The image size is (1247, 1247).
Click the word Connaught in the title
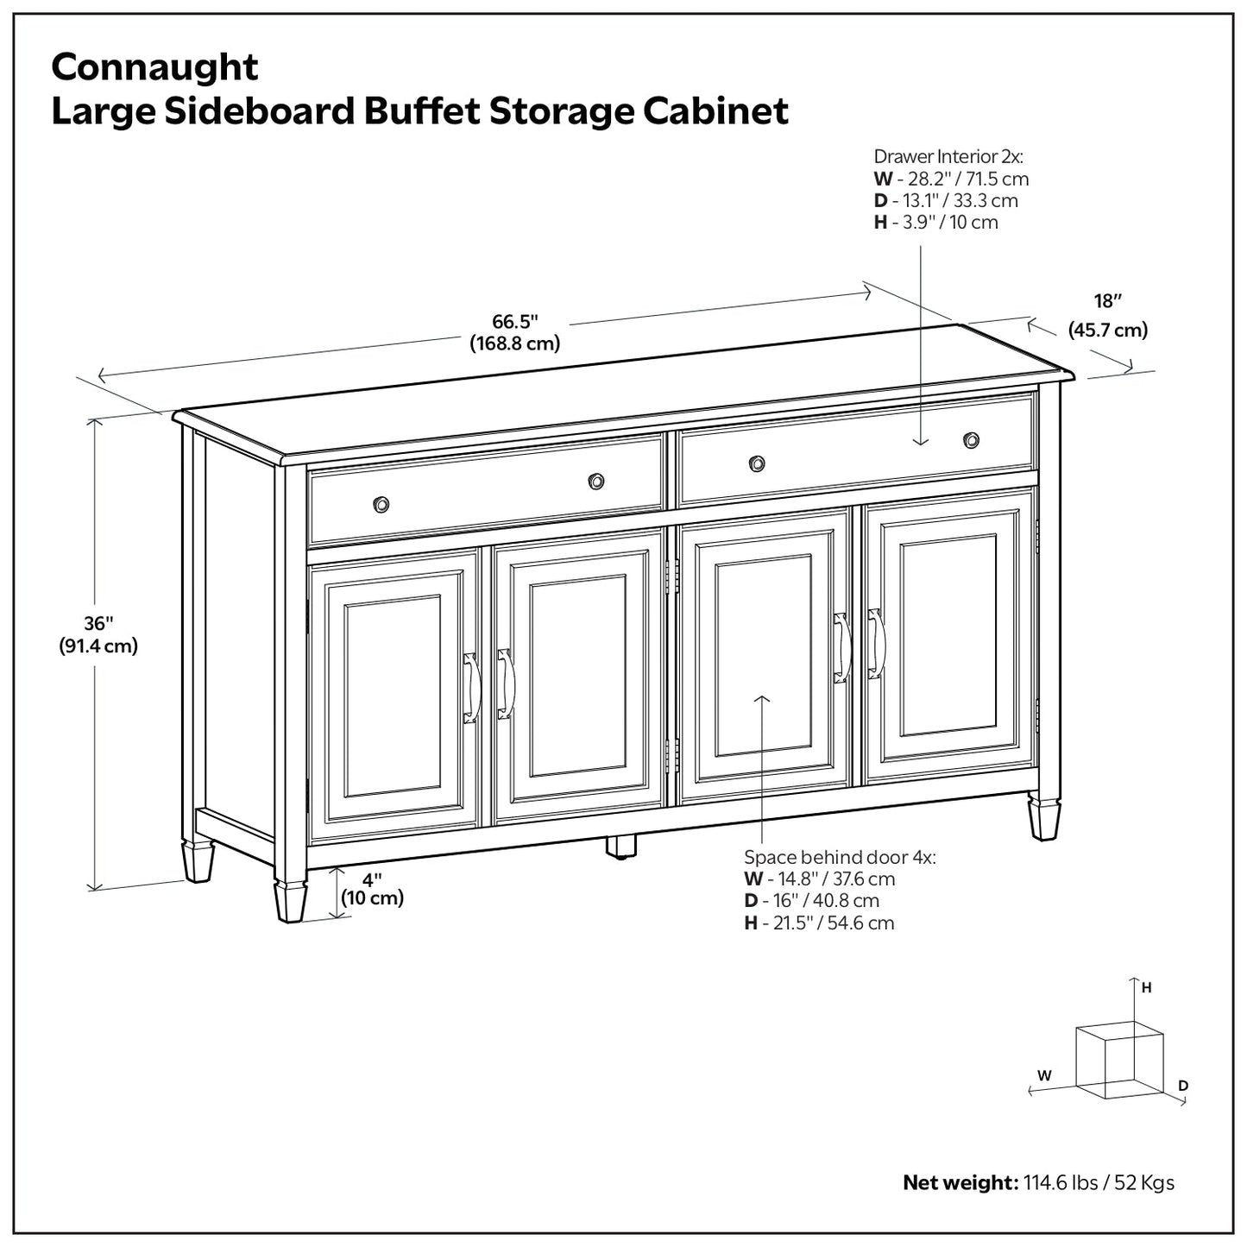(x=154, y=67)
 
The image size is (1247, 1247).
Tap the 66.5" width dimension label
(x=515, y=322)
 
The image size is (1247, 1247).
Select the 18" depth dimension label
(x=1107, y=301)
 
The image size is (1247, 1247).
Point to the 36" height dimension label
(x=98, y=623)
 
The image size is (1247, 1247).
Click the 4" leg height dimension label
(x=372, y=880)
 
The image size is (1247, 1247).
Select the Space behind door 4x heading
(x=840, y=857)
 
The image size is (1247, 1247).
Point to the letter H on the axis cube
(x=1147, y=988)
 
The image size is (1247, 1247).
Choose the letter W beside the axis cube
(x=1044, y=1075)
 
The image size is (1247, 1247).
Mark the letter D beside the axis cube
(x=1183, y=1086)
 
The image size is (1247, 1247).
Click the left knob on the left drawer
(x=381, y=504)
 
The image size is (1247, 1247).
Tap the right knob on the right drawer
(x=972, y=440)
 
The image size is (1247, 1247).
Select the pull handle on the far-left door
(x=470, y=688)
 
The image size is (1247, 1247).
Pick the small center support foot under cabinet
(x=620, y=846)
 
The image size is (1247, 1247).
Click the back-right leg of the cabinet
(x=1044, y=818)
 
